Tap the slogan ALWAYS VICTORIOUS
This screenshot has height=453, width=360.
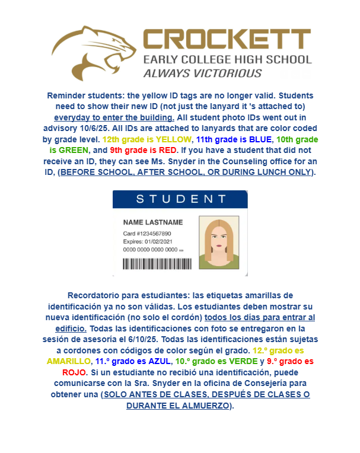pos(202,73)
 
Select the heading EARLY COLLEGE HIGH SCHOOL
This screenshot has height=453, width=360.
pos(227,59)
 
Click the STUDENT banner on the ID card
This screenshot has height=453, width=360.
pos(180,199)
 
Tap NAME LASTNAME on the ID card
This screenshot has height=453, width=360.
pos(153,222)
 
